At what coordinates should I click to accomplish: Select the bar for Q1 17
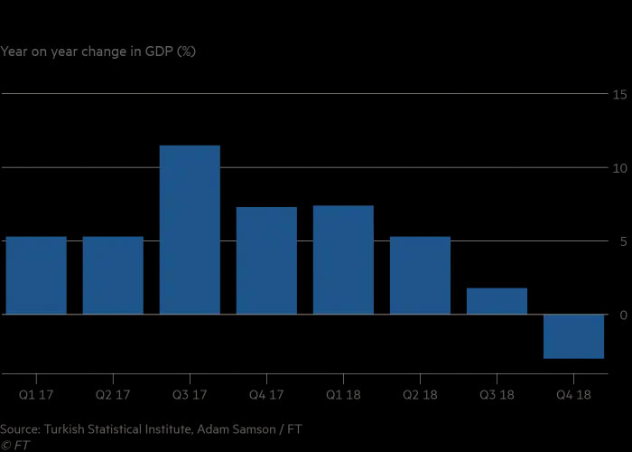(x=36, y=276)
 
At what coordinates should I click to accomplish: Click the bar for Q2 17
(x=113, y=276)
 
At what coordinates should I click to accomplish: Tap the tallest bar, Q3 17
(x=190, y=230)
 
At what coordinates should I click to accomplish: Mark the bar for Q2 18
(x=420, y=276)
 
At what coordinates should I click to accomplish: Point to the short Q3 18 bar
(x=497, y=301)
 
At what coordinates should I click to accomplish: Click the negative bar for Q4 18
(x=573, y=336)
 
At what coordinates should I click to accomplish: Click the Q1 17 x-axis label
(x=36, y=394)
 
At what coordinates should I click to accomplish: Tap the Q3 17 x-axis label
(x=190, y=394)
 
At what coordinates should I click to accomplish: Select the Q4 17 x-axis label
(x=266, y=394)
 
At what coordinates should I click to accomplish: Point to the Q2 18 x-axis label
(x=420, y=394)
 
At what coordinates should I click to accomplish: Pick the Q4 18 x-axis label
(x=573, y=394)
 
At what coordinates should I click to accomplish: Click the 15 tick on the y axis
(x=620, y=94)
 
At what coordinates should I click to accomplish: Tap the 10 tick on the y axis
(x=620, y=168)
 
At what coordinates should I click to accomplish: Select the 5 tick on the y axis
(x=623, y=241)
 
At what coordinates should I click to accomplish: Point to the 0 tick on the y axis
(x=623, y=315)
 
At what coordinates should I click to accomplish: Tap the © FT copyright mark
(x=15, y=445)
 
